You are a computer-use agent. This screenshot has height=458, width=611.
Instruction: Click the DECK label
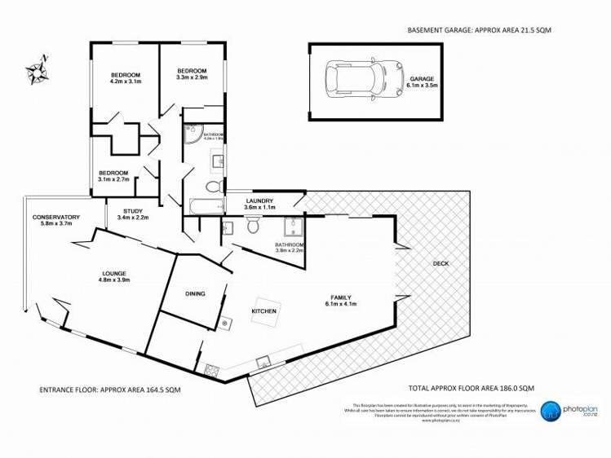(x=441, y=263)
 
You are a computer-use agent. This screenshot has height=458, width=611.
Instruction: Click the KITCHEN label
(x=263, y=311)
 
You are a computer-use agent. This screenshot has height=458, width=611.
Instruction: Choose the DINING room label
(x=195, y=293)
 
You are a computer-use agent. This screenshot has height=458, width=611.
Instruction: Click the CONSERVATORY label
(x=55, y=217)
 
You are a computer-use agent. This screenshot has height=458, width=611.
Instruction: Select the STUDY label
(x=132, y=211)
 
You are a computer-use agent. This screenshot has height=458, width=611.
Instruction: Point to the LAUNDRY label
(x=260, y=200)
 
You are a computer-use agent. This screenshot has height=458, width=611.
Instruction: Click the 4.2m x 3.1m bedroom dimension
(x=126, y=81)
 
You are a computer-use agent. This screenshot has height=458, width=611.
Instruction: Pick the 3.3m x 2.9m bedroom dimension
(x=193, y=78)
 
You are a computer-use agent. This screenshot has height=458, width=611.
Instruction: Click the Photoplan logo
(x=563, y=411)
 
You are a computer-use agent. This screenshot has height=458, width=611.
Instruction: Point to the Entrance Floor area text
(x=110, y=390)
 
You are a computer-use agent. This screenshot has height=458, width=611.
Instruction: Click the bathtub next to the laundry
(x=202, y=207)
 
